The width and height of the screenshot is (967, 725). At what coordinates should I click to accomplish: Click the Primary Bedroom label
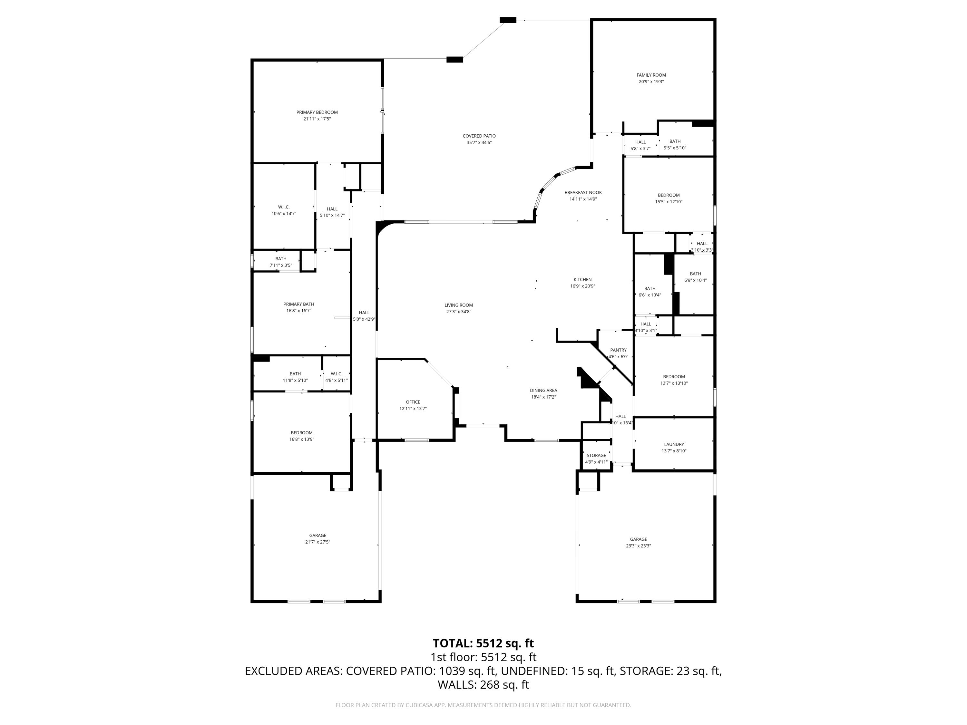[317, 112]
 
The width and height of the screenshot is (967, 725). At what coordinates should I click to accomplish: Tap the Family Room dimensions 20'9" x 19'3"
[651, 82]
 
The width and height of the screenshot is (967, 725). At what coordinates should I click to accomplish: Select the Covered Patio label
[479, 136]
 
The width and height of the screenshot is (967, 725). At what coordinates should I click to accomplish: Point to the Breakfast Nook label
[583, 192]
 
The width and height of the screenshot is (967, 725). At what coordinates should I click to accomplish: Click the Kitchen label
[582, 280]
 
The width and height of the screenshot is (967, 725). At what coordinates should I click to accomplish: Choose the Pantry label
[618, 350]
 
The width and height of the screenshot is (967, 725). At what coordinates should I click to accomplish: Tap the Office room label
[413, 402]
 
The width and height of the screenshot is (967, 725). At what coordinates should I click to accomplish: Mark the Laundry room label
[674, 444]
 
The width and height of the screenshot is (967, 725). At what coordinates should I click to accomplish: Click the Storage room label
[596, 455]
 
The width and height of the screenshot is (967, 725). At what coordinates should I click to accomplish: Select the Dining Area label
[543, 391]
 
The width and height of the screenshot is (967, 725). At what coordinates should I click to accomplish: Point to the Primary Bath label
[298, 304]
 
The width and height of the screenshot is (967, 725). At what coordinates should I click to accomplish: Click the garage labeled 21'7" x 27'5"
[317, 535]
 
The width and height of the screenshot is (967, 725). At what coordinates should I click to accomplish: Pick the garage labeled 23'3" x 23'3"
[638, 539]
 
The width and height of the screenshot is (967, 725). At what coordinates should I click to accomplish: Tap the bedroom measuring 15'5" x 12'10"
[669, 195]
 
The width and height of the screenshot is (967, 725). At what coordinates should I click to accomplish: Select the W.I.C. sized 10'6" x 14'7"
[284, 207]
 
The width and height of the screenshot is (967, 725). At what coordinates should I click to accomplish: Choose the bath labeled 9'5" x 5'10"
[675, 141]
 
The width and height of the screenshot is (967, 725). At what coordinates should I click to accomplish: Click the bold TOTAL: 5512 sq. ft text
[483, 643]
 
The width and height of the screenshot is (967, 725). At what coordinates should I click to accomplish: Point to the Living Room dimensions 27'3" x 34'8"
[459, 312]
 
